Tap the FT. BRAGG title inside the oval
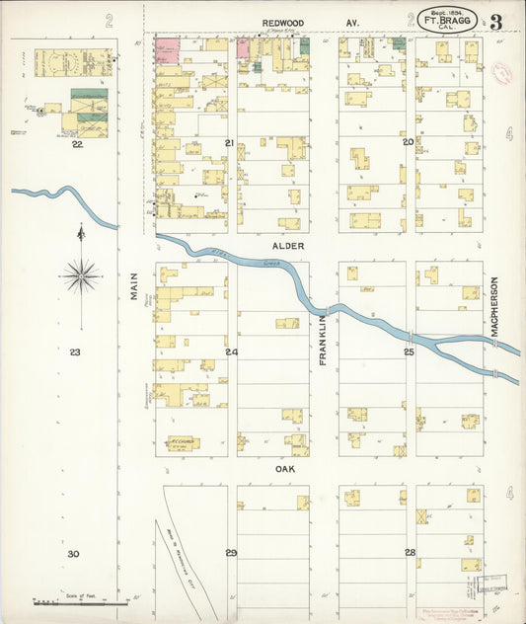coord(454,19)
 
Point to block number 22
coord(76,144)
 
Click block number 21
coord(229,144)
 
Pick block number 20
coord(408,142)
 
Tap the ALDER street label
coord(289,246)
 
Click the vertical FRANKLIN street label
coord(323,341)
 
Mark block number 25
coord(408,351)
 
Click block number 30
coord(73,554)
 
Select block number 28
coord(409,552)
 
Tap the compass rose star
coord(80,275)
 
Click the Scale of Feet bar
coord(79,601)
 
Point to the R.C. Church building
coord(182,443)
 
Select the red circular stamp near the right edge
coord(501,73)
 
